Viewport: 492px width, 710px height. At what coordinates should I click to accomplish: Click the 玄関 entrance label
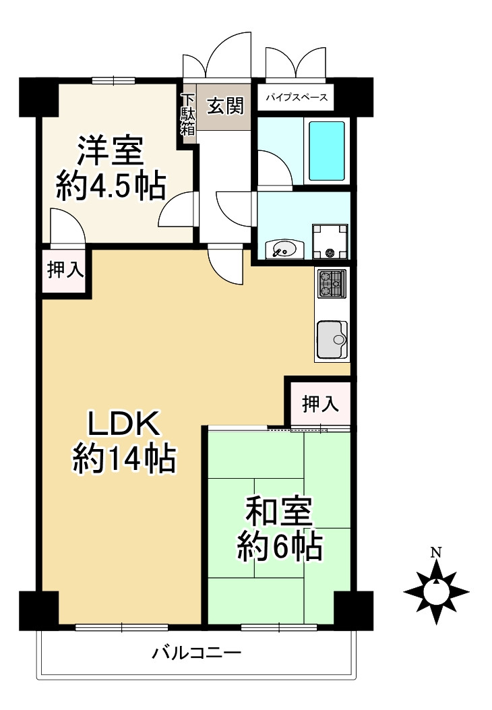224,106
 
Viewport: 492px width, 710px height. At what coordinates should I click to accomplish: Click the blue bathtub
327,150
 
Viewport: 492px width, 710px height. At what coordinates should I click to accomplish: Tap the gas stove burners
331,283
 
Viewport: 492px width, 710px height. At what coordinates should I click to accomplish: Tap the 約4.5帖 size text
111,185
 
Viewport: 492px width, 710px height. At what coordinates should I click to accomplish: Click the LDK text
124,425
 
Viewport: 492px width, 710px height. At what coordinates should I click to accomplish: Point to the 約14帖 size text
124,460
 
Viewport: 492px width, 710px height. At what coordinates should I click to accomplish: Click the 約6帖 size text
278,547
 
